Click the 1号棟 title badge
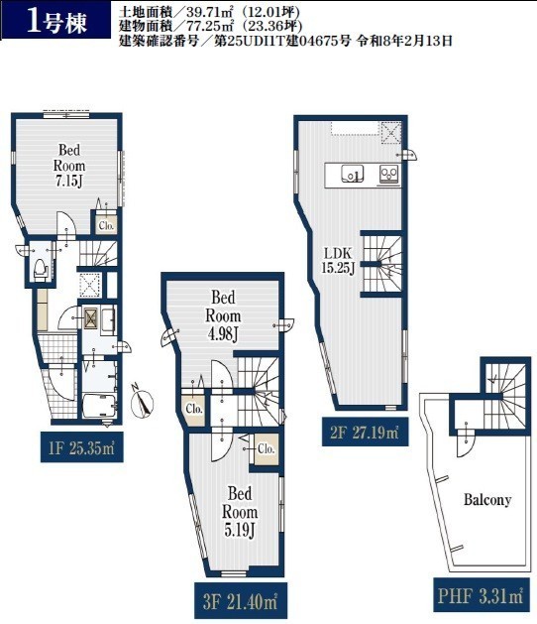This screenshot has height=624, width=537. (x=55, y=21)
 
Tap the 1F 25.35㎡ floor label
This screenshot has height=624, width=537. (x=82, y=447)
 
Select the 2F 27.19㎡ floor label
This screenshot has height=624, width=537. (x=365, y=432)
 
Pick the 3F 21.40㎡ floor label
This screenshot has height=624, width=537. (x=240, y=601)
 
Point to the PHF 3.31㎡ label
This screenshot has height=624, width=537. (x=481, y=595)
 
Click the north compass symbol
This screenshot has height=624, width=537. (x=142, y=402)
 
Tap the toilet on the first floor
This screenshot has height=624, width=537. (x=41, y=269)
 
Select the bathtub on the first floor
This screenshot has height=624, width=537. (x=99, y=406)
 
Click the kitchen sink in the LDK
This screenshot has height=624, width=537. (x=352, y=174)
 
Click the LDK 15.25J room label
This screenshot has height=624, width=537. (x=338, y=260)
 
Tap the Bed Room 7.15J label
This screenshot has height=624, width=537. (x=69, y=165)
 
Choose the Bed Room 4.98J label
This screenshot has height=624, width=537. (x=223, y=315)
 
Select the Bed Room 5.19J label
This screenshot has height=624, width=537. (x=240, y=511)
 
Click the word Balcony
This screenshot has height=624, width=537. (x=487, y=499)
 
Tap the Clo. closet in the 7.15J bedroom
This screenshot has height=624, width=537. (x=106, y=225)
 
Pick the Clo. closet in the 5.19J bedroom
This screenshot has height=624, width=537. (x=267, y=448)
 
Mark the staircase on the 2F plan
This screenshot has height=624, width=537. (x=381, y=264)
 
